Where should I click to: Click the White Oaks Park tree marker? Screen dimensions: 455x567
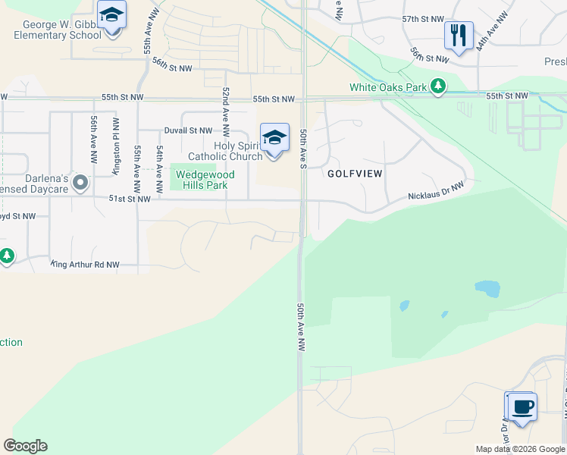[x=438, y=87]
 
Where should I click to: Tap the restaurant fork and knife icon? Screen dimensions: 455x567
[x=459, y=35]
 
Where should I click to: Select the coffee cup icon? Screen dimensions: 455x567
[x=521, y=406]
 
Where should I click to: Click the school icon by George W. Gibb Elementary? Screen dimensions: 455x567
[x=111, y=14]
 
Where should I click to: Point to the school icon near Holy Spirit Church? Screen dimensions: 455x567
[x=274, y=137]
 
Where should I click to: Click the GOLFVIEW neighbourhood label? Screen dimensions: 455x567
[x=353, y=174]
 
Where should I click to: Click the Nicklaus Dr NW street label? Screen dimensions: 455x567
[x=437, y=190]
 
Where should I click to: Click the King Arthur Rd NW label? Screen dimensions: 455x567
[x=85, y=265]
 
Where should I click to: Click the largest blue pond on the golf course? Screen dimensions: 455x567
[x=487, y=289]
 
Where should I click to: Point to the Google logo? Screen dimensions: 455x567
[x=25, y=446]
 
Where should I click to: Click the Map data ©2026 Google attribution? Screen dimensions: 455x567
[x=519, y=449]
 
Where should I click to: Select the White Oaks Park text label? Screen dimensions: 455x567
[x=388, y=87]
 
